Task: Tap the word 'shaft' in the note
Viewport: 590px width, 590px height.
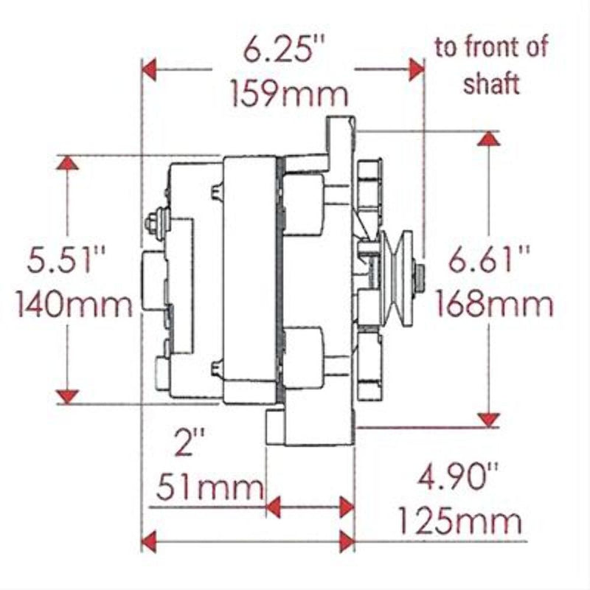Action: (x=492, y=83)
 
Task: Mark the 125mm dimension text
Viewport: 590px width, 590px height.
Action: (x=460, y=522)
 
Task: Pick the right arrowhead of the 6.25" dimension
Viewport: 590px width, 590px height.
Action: (x=417, y=71)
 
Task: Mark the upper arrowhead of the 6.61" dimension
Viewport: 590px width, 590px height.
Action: (x=488, y=139)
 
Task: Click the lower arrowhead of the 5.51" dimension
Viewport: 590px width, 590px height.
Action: (x=69, y=396)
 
